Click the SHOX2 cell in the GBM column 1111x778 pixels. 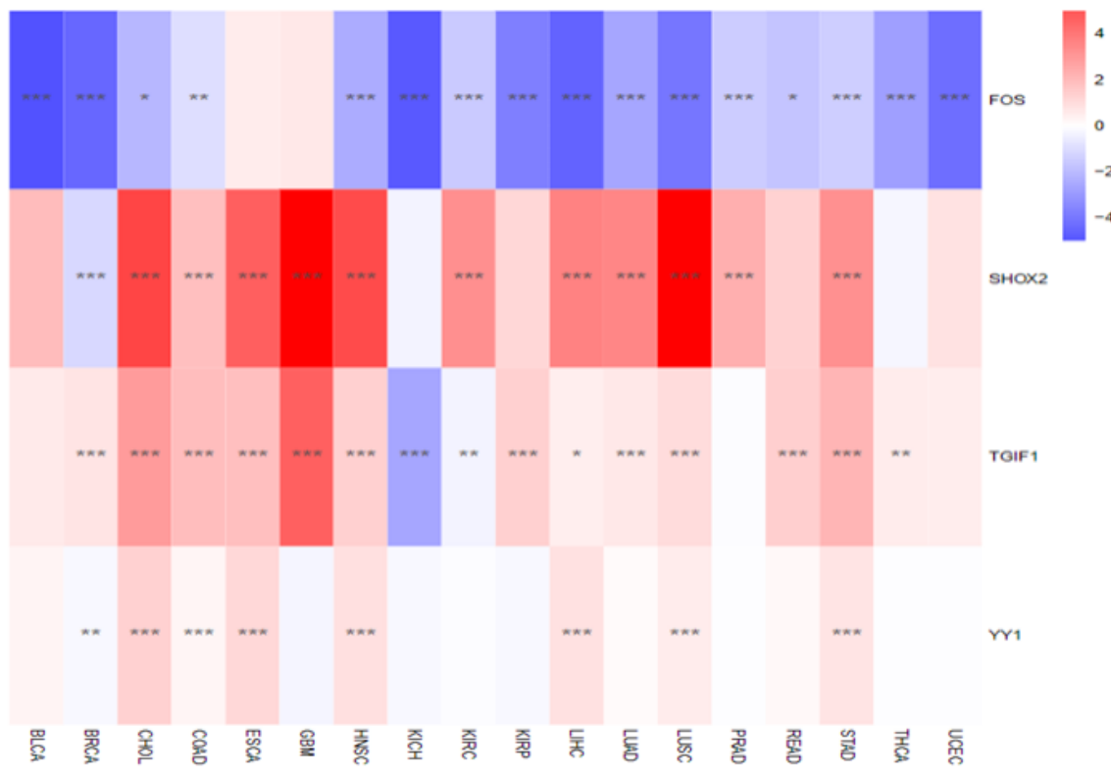tap(307, 278)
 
